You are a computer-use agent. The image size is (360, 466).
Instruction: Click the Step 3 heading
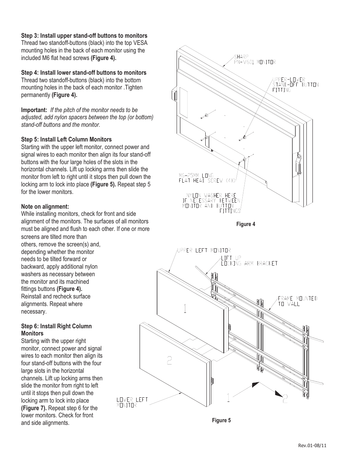84,35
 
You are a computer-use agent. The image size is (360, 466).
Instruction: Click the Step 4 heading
84,72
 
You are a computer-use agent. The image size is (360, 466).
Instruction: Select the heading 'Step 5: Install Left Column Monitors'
66,139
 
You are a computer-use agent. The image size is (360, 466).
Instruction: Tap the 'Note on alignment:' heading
45,206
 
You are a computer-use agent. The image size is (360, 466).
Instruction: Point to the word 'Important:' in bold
34,110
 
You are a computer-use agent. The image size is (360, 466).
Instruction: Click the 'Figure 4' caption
246,224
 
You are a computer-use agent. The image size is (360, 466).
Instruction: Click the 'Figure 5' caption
221,420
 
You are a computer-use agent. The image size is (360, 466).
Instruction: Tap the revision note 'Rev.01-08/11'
312,445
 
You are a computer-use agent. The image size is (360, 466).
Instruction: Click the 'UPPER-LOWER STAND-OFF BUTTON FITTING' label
295,85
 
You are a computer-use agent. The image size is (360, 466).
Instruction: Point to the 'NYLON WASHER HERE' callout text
211,195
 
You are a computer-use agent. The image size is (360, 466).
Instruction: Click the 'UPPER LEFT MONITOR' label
204,250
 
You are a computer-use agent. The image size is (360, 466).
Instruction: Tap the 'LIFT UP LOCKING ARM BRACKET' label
249,260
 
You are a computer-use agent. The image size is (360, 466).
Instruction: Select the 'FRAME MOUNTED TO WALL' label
297,301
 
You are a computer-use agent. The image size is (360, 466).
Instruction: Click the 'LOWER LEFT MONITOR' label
132,402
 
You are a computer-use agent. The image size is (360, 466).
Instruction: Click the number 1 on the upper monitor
185,309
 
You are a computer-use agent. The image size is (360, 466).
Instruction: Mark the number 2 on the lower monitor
169,360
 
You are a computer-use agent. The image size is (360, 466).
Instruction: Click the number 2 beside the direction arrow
285,398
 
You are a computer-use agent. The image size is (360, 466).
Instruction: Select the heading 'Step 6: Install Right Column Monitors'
56,330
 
